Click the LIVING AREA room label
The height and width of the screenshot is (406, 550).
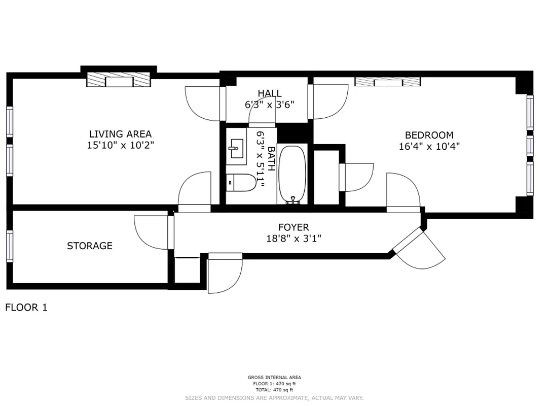coord(120,134)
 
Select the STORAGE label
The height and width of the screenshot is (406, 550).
coord(90,246)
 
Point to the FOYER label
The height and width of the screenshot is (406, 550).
coord(293,227)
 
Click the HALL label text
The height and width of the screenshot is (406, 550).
coord(269,93)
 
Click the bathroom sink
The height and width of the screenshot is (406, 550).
coord(236,149)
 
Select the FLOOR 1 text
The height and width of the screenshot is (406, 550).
coord(26,307)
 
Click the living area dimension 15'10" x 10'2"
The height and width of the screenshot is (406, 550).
coord(120,145)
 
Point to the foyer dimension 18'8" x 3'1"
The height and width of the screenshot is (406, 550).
coord(294,238)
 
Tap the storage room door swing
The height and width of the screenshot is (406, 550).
coord(152,232)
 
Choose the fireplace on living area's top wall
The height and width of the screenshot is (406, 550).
coord(119,80)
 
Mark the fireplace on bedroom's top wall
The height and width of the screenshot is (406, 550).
coord(387,81)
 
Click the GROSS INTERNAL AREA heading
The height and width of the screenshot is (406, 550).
coord(274,377)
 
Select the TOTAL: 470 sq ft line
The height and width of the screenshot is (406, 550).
coord(274,390)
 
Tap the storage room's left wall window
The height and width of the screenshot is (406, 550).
coord(10,246)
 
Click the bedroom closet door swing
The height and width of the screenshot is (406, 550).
coord(358,177)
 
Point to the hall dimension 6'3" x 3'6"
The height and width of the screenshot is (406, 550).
coord(269,105)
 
